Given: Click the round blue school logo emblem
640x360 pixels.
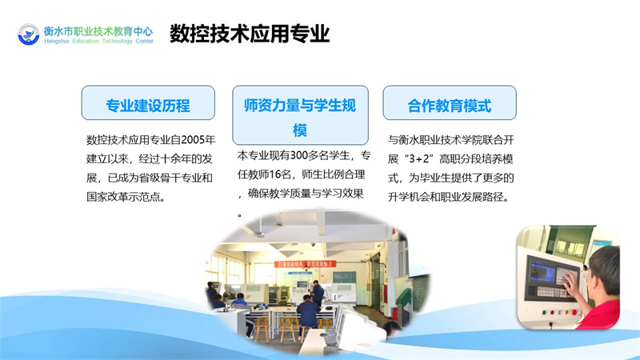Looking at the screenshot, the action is [29, 34].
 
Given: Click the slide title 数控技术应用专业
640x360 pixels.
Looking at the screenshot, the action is [250, 34].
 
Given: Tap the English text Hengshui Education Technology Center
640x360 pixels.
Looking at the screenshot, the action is [98, 42].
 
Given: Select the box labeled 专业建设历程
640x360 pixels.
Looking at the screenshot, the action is [148, 103].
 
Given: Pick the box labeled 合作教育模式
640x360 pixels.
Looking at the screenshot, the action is [450, 103].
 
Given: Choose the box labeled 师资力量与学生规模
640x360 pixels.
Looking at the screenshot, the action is [301, 115].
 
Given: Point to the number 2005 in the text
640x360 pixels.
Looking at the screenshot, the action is [193, 140].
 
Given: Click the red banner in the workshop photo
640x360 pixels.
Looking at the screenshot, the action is [305, 264].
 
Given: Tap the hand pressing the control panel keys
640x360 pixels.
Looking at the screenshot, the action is [572, 283].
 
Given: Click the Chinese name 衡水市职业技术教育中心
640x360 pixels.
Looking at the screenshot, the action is [98, 31].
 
